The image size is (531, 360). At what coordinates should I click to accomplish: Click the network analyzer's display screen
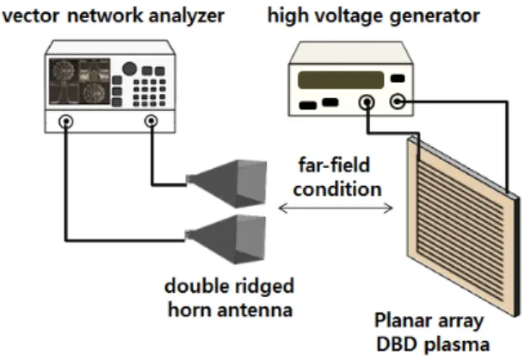pos(79,81)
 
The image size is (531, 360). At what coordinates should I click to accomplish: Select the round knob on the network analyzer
pos(129,69)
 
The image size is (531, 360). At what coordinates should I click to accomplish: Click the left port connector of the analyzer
pos(66,121)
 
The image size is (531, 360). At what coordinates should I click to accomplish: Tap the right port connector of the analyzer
pos(151,121)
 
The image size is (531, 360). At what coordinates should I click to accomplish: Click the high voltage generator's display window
pos(341,80)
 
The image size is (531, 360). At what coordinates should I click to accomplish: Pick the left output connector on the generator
pos(367,102)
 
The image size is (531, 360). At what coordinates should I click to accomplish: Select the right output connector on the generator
pos(398,102)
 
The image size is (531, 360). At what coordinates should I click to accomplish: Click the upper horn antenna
pos(227,183)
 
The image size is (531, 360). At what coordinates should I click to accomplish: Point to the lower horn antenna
pos(226,239)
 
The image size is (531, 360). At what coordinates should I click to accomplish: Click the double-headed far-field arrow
pos(336,208)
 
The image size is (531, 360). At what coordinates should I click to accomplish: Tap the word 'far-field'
pos(334,165)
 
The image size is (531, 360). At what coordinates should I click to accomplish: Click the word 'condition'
pos(337,189)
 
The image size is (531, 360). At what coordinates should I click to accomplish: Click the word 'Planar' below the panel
pos(401,320)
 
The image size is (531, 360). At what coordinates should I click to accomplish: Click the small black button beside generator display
pos(398,78)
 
